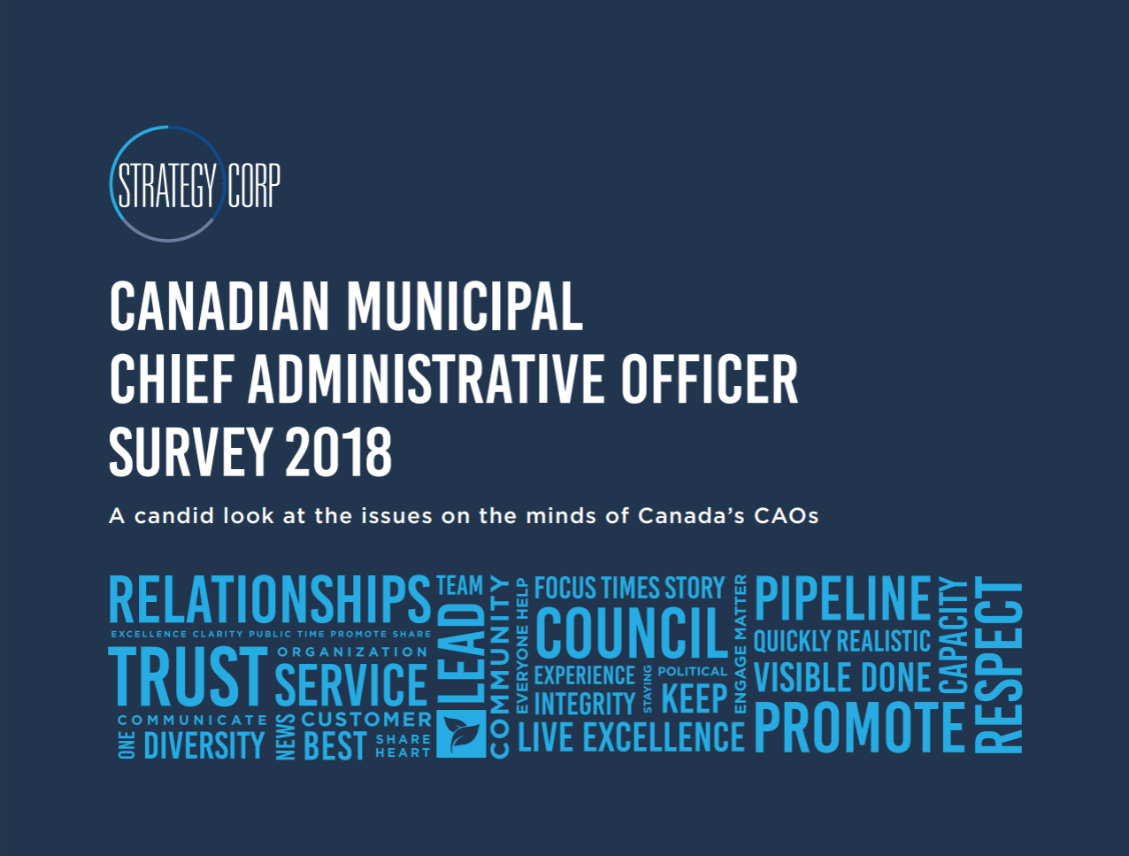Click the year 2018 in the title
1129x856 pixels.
339,451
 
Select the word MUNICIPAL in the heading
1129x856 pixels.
465,306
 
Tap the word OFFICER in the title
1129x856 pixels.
710,379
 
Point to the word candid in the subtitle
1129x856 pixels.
173,515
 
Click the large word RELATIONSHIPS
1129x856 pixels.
270,598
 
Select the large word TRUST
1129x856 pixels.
188,676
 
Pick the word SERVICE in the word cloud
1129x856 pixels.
351,684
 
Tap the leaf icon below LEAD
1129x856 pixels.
461,734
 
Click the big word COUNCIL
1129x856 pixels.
631,632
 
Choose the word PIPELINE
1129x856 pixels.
842,598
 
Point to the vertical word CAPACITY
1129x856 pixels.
953,636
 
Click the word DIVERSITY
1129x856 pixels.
204,745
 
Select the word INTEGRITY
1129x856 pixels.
585,703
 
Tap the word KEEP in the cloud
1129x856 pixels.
695,698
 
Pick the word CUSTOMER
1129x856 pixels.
366,719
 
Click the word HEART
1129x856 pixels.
403,752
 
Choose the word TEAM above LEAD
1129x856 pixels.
460,585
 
